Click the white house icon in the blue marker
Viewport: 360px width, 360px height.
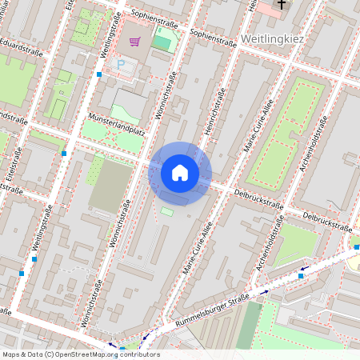tap(180, 173)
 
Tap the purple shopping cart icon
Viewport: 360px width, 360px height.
tap(134, 42)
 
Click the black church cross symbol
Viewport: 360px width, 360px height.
tap(280, 7)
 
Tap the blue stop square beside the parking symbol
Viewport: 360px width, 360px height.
tap(98, 74)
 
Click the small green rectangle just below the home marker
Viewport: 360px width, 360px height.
tap(166, 211)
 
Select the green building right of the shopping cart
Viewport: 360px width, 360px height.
tap(162, 42)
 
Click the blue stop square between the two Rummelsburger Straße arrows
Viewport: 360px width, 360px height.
tap(301, 275)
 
